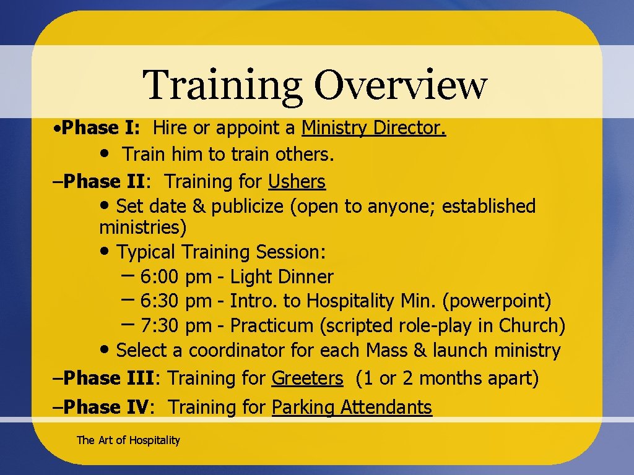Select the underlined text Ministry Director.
[374, 128]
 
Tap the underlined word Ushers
[297, 181]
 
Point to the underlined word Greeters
[307, 378]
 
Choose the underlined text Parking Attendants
[352, 407]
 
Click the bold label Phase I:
[102, 128]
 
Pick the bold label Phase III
[112, 378]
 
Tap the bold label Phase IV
[106, 407]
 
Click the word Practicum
[272, 325]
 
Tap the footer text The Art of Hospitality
[128, 440]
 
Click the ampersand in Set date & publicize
[199, 206]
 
